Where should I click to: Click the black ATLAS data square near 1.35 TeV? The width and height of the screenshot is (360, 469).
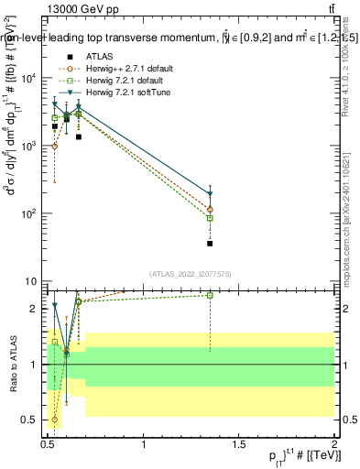click(210, 244)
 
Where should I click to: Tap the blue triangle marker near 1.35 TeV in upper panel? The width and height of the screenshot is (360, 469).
click(210, 194)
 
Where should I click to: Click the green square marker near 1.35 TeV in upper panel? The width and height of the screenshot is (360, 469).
click(210, 218)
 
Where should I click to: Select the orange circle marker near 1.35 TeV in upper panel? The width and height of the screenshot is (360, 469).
click(210, 210)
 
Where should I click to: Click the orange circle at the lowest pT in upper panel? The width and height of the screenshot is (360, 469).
click(55, 146)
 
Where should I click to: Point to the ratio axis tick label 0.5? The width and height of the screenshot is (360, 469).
click(33, 420)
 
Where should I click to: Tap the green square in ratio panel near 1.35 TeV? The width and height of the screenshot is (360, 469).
click(210, 295)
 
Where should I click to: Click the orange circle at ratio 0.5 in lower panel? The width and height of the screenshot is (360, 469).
click(55, 420)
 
